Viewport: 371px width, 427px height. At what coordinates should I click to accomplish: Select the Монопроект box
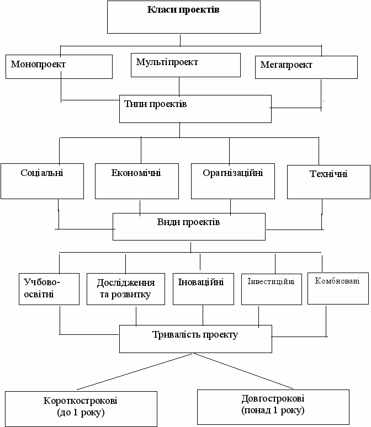click(x=59, y=66)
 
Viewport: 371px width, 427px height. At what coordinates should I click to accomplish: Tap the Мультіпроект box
click(x=186, y=65)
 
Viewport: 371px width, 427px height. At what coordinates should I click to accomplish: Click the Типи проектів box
click(x=195, y=109)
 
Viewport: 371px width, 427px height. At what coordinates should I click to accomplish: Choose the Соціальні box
click(x=42, y=180)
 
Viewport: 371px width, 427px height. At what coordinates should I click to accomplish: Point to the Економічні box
click(x=136, y=180)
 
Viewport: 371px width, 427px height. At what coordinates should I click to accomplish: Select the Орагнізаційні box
click(x=232, y=180)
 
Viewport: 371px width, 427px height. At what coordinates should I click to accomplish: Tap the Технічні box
click(x=328, y=182)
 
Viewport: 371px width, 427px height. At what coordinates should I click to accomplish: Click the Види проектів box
click(x=188, y=227)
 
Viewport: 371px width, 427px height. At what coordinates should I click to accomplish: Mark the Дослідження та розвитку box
click(x=126, y=289)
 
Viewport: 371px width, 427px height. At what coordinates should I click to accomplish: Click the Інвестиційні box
click(x=271, y=289)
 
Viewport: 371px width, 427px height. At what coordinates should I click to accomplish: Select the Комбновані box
click(x=337, y=287)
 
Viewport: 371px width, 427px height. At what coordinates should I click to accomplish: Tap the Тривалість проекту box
click(x=195, y=339)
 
